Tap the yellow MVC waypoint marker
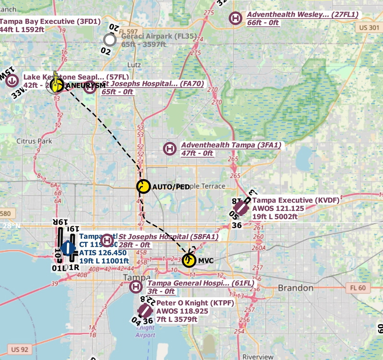pyautogui.click(x=189, y=260)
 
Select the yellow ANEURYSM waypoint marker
pyautogui.click(x=57, y=86)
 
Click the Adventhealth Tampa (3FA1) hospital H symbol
pyautogui.click(x=169, y=149)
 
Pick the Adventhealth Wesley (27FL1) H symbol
pyautogui.click(x=235, y=18)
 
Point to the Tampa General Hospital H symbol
pyautogui.click(x=136, y=287)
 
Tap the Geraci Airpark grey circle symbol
pyautogui.click(x=110, y=40)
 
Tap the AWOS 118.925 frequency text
pyautogui.click(x=183, y=311)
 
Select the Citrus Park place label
pyautogui.click(x=34, y=141)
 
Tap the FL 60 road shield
pyautogui.click(x=354, y=288)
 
